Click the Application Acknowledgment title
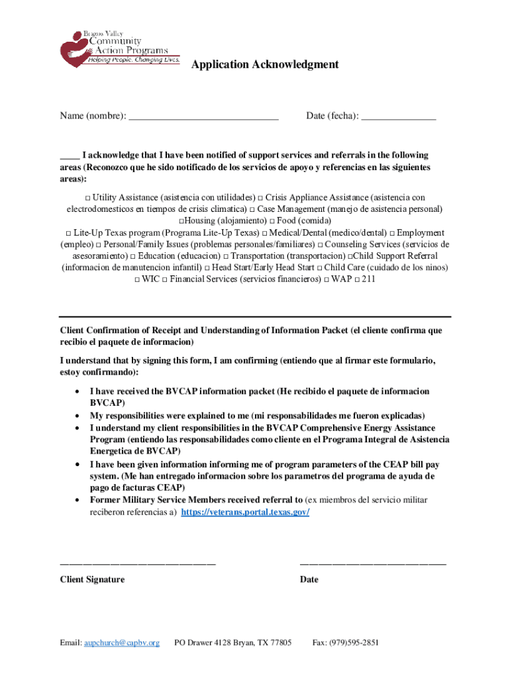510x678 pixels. (x=265, y=64)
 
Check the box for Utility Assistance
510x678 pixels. (x=87, y=198)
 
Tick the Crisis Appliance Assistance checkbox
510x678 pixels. (x=260, y=198)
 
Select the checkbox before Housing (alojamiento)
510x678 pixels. (x=181, y=221)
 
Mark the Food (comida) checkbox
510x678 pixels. (x=272, y=221)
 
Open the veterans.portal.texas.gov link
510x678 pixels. (x=245, y=512)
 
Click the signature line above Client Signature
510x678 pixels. (x=138, y=563)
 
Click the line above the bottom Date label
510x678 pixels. (x=373, y=563)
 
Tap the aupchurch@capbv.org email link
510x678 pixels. (x=121, y=642)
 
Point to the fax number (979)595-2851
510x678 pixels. (x=356, y=642)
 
